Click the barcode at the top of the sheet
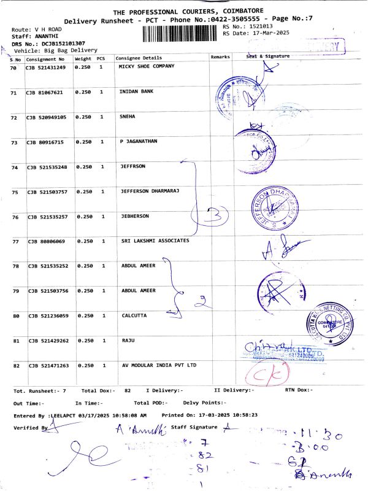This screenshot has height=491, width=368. [x=182, y=33]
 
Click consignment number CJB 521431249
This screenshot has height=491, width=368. [x=45, y=67]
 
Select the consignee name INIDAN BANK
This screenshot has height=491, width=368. [x=136, y=91]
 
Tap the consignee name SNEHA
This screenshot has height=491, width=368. [x=127, y=116]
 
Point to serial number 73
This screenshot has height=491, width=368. [x=13, y=142]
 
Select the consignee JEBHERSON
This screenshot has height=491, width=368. [x=135, y=217]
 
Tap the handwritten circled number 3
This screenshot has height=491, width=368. [x=213, y=215]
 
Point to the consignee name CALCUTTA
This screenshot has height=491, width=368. [x=135, y=315]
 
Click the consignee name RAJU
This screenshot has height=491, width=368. [x=126, y=340]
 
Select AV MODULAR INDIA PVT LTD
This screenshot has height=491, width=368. [x=158, y=365]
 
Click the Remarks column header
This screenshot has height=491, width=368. [x=220, y=56]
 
